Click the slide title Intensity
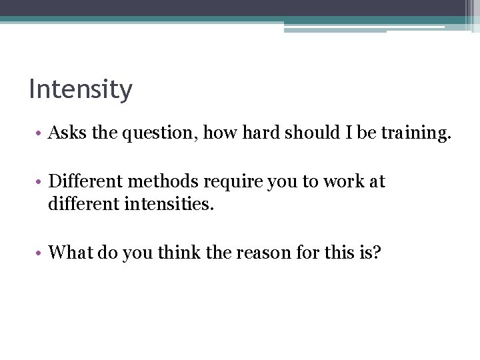[81, 89]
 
